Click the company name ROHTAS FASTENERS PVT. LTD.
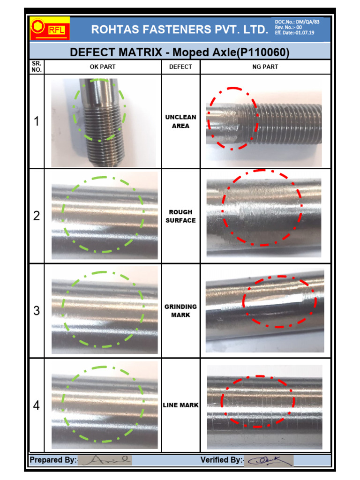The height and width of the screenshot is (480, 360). (x=180, y=30)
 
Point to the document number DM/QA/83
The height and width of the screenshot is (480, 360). (x=304, y=22)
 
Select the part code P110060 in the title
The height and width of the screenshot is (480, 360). (x=263, y=52)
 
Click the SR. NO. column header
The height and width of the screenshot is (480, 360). (x=37, y=67)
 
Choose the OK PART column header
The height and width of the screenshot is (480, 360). (x=103, y=67)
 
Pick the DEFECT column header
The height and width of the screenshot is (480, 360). (x=180, y=67)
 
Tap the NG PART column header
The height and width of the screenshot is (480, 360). (x=265, y=67)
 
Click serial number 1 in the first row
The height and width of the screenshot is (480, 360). (x=37, y=122)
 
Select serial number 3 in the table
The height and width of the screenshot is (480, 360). (x=37, y=311)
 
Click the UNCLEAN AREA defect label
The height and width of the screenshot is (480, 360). (x=180, y=121)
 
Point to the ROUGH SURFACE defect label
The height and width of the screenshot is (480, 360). (x=180, y=216)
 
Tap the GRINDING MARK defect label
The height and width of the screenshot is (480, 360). (x=180, y=311)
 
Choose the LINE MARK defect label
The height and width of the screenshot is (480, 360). (x=180, y=405)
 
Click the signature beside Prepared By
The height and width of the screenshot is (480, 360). (x=105, y=460)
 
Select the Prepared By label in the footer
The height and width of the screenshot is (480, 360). (x=52, y=460)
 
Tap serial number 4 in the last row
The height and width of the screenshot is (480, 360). (x=37, y=405)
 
